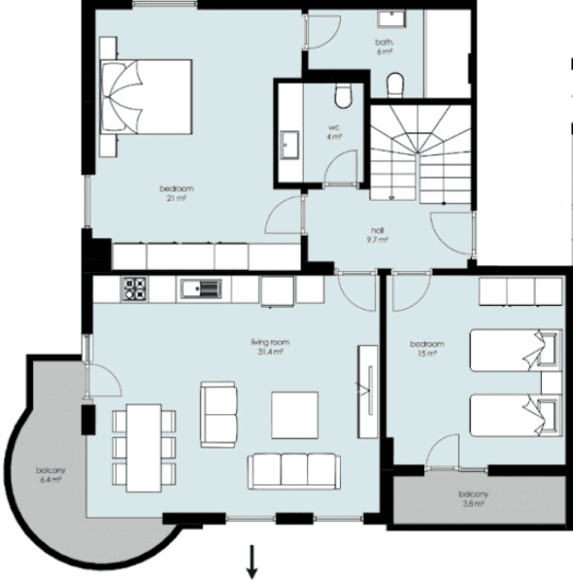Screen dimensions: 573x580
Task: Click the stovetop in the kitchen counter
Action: (x=134, y=289)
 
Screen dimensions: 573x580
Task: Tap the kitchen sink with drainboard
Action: (x=201, y=289)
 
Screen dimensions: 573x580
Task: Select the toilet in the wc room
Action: (x=343, y=96)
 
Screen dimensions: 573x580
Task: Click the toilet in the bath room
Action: (x=395, y=85)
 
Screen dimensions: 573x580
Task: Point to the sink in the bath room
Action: (x=392, y=19)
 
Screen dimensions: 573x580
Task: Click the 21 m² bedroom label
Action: (x=176, y=193)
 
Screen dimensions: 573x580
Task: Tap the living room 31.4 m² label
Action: (x=270, y=347)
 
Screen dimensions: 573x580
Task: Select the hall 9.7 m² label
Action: (x=377, y=235)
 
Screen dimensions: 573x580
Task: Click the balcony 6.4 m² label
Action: (x=51, y=476)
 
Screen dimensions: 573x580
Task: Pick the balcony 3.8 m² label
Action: (x=474, y=499)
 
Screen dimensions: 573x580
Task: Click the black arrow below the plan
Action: (x=252, y=561)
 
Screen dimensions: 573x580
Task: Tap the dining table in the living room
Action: (x=144, y=448)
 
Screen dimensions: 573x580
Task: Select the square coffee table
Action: (x=294, y=415)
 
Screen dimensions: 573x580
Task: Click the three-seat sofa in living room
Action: (x=294, y=471)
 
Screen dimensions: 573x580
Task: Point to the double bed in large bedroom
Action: (x=146, y=97)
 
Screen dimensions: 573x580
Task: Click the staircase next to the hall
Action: (x=421, y=154)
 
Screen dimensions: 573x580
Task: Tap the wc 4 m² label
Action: (x=334, y=133)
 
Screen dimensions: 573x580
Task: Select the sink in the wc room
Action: (x=289, y=144)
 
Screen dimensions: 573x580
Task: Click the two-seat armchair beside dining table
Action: (x=218, y=414)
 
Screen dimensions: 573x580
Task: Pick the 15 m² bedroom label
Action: (x=427, y=348)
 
